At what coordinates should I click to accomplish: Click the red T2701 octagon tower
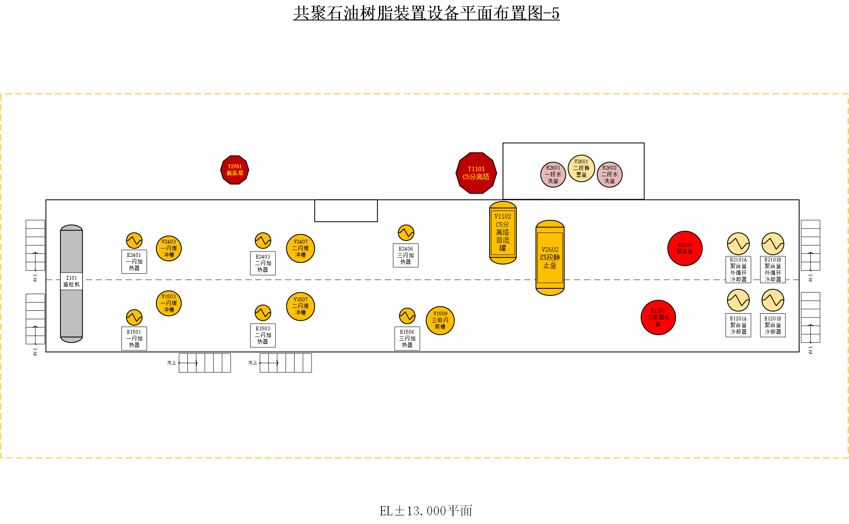(234, 170)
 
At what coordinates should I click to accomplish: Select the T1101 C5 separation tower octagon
(476, 173)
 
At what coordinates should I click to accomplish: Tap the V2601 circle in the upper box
(581, 168)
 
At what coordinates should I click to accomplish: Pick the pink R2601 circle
(553, 175)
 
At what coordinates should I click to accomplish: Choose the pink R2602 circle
(609, 175)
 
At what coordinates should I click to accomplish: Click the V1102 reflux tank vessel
(503, 233)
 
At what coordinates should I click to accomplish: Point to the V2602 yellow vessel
(550, 258)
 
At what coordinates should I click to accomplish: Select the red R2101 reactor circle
(685, 248)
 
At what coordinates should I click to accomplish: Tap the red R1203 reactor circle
(658, 317)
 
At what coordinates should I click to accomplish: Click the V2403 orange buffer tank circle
(169, 248)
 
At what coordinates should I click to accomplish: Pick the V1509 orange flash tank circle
(440, 320)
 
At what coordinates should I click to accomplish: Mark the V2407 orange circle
(300, 248)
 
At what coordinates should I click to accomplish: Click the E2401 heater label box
(134, 262)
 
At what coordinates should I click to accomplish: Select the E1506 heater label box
(407, 339)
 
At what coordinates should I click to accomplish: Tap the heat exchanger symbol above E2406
(406, 233)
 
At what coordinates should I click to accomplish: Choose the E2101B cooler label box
(773, 270)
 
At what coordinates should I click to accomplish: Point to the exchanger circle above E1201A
(738, 300)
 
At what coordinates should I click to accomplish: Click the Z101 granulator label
(71, 281)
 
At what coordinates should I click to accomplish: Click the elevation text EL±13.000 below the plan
(426, 511)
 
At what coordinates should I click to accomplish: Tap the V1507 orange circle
(300, 306)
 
